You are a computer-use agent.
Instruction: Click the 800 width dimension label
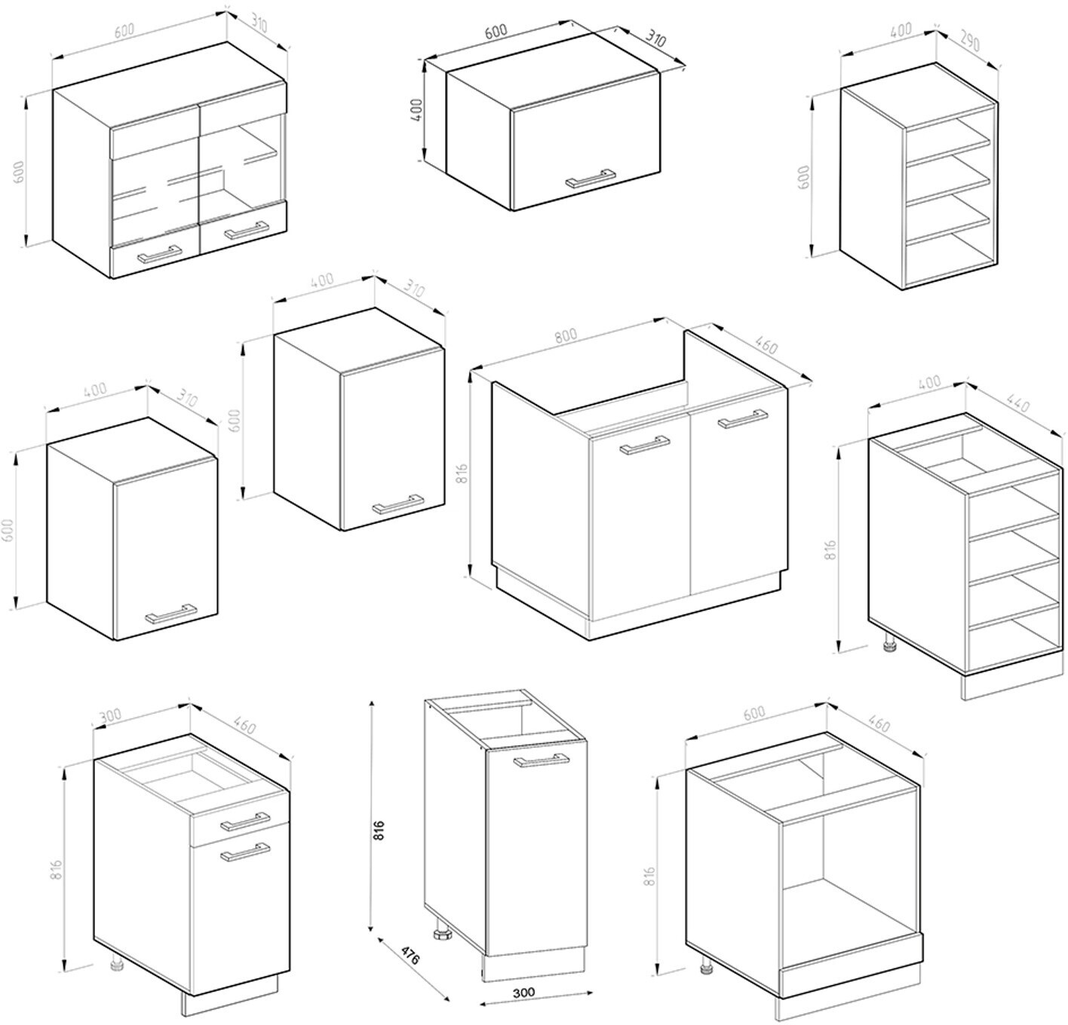565,335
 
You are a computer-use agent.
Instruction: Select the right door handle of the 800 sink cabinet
743,418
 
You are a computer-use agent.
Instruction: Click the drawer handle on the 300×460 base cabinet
245,821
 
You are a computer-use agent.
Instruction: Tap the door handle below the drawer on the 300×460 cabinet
245,852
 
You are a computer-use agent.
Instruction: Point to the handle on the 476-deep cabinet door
541,760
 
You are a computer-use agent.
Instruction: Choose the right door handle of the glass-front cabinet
246,231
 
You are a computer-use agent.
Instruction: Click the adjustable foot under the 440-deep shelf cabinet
888,644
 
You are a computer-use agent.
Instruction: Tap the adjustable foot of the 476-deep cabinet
440,932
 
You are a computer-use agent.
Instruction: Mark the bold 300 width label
524,992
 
